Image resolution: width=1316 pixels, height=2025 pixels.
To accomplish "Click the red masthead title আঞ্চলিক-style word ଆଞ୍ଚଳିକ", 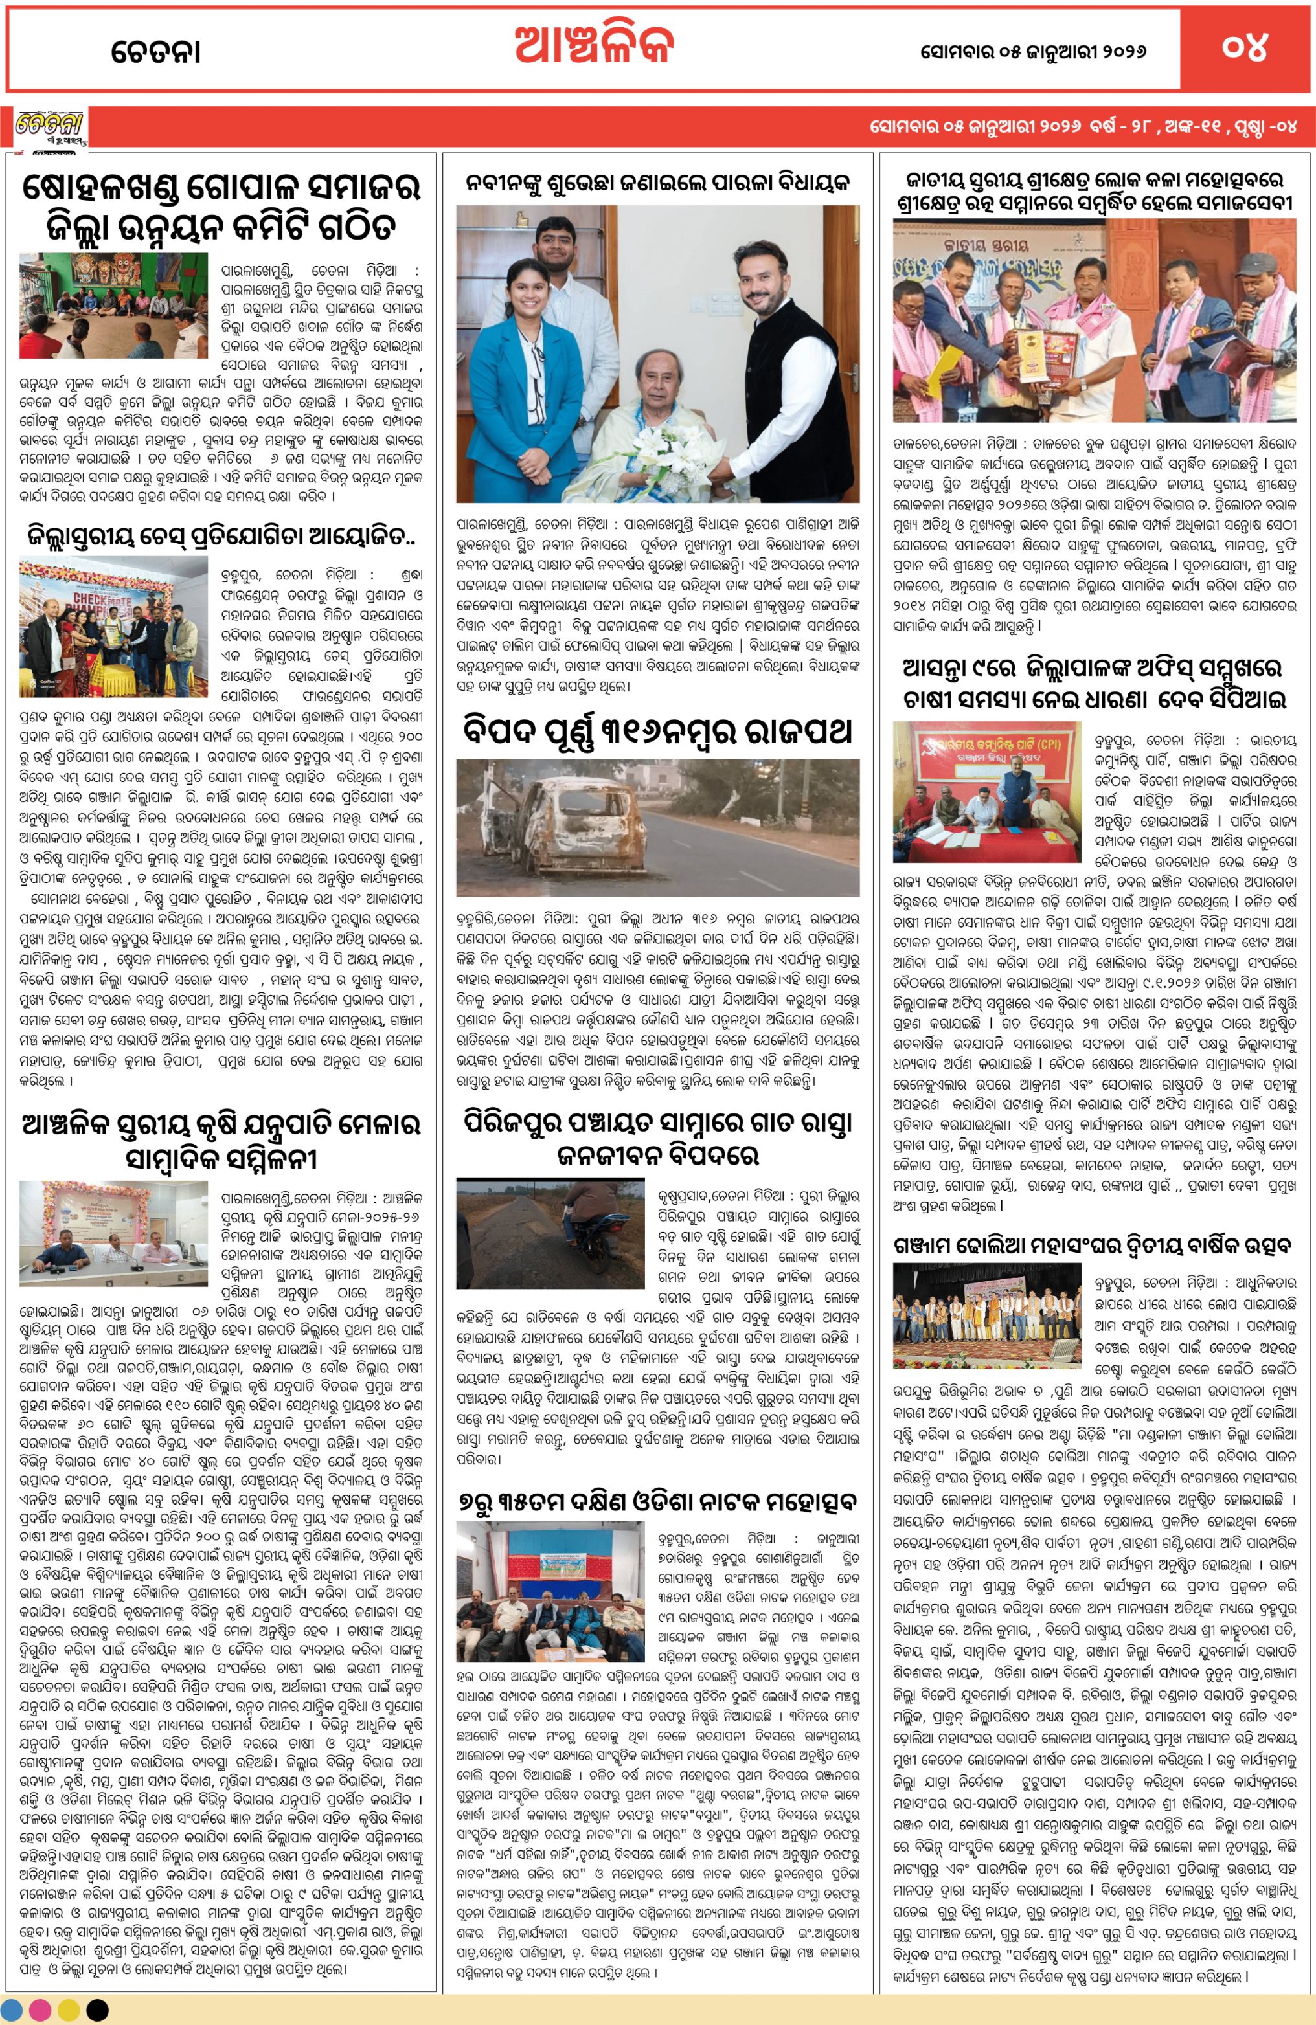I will (x=593, y=46).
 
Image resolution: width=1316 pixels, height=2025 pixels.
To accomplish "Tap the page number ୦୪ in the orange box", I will (x=1245, y=47).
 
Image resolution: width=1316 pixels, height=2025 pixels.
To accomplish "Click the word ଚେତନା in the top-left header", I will (x=156, y=52).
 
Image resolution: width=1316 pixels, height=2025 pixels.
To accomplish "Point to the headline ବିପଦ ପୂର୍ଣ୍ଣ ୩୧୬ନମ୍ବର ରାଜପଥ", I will (x=657, y=731).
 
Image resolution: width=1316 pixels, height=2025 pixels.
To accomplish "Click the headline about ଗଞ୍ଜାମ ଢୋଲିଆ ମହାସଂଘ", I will (x=1092, y=1246).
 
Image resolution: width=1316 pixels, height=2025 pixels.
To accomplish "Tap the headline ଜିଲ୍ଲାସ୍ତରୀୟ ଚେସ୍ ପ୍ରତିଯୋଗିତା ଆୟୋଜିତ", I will (x=220, y=536).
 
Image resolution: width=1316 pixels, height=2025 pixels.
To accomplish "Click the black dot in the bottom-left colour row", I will (x=98, y=2011).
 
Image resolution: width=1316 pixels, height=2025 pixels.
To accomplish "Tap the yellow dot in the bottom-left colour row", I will (x=69, y=2011).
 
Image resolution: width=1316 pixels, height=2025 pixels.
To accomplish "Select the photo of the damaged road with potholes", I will (x=550, y=1233).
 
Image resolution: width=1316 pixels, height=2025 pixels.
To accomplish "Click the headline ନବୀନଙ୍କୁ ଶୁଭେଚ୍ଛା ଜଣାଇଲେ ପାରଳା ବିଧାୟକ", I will (x=657, y=181).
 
